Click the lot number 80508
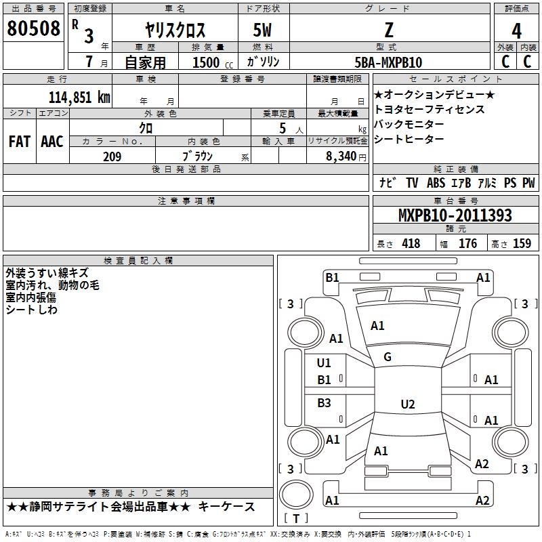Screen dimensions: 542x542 coord(33,28)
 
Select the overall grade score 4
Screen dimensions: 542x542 coord(516,31)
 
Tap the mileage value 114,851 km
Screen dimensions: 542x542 coord(79,98)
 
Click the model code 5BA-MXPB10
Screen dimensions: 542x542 coord(388,62)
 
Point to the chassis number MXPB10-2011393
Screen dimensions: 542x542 coord(455,215)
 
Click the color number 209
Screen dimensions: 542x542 coord(112,157)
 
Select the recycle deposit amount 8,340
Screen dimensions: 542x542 coord(341,157)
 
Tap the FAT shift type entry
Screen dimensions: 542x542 coord(20,142)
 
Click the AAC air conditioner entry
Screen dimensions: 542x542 coord(52,142)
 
